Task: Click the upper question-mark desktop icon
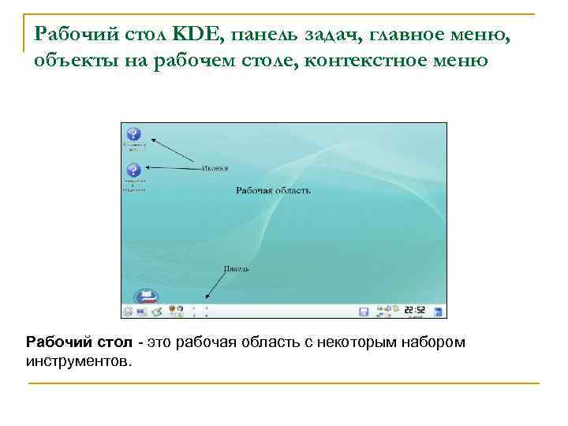(x=133, y=134)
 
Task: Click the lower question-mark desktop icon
(x=133, y=170)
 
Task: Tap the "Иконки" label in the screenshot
(x=215, y=167)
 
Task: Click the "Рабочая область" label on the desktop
(x=273, y=190)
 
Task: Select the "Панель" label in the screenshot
(x=236, y=268)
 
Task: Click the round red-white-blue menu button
(x=147, y=298)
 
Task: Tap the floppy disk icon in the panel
(x=364, y=312)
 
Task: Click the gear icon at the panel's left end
(x=127, y=312)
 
